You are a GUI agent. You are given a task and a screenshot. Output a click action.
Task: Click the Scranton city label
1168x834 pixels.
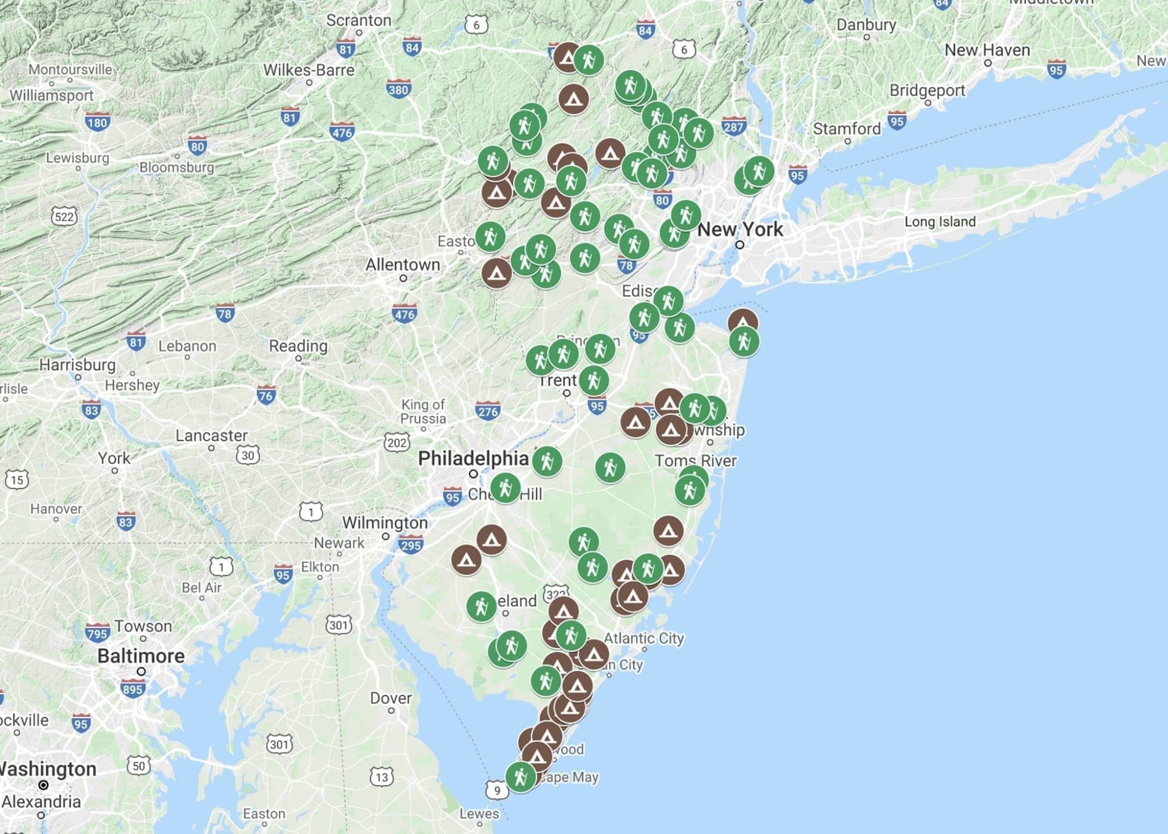pos(359,21)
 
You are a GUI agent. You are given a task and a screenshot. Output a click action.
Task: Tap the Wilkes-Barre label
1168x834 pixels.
pos(309,70)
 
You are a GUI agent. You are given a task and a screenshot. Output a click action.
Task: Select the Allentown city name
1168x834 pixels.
pos(403,265)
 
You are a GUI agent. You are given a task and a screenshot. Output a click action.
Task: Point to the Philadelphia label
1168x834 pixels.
pos(473,458)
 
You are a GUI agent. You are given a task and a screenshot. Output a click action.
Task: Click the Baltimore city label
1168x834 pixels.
pos(141,656)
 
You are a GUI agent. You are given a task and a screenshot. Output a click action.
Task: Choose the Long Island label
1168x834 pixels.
pos(940,221)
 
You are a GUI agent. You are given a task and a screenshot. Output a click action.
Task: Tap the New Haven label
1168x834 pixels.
pos(987,50)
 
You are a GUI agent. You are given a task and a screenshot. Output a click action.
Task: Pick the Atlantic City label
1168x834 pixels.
pos(644,638)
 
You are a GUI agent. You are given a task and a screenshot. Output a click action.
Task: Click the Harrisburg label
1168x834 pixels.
pos(77,365)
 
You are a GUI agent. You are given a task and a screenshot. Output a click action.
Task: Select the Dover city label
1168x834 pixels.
pos(391,698)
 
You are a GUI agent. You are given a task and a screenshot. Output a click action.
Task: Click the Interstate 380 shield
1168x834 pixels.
pos(398,89)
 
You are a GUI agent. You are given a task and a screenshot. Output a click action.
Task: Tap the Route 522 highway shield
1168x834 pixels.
pos(64,217)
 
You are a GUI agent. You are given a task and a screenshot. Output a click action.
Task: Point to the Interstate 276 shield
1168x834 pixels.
pos(488,411)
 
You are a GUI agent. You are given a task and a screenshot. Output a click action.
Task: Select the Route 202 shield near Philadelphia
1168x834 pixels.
pos(396,443)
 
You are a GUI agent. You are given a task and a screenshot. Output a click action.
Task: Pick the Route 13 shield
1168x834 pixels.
pos(382,777)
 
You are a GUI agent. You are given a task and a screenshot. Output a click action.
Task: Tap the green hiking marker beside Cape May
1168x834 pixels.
pos(520,776)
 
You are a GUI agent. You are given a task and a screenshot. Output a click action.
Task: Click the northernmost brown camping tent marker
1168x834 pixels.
pos(567,57)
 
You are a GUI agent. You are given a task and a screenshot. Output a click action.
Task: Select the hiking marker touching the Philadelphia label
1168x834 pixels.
pos(547,461)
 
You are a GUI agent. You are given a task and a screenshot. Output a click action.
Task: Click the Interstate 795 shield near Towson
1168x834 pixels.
pos(98,633)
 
